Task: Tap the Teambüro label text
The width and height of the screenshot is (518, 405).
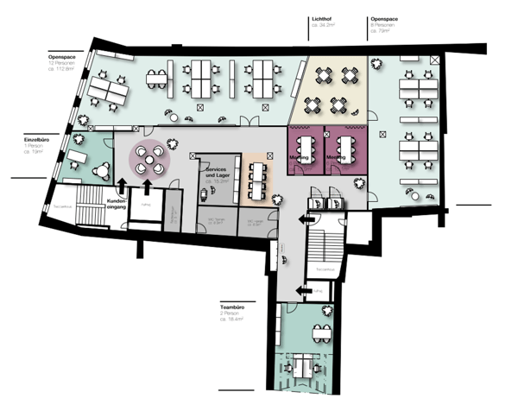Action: (235, 306)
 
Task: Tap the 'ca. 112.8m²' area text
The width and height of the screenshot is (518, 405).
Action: (65, 71)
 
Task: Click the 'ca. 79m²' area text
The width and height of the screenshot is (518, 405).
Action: (384, 31)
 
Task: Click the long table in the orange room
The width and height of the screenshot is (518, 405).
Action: (256, 176)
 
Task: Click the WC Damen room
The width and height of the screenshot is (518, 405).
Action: (212, 222)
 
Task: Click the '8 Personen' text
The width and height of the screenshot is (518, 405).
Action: (384, 25)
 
